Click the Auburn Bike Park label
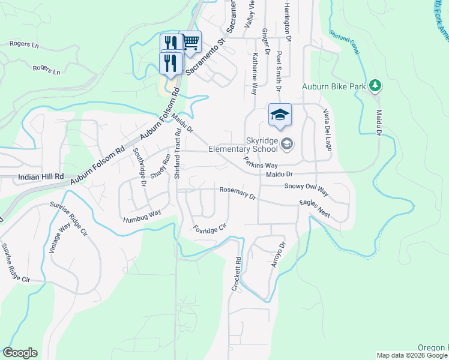[334, 87]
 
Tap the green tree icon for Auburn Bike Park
[375, 86]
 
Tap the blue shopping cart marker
[190, 42]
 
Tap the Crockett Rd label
[237, 275]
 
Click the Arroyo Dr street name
[277, 254]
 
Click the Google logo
[20, 353]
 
